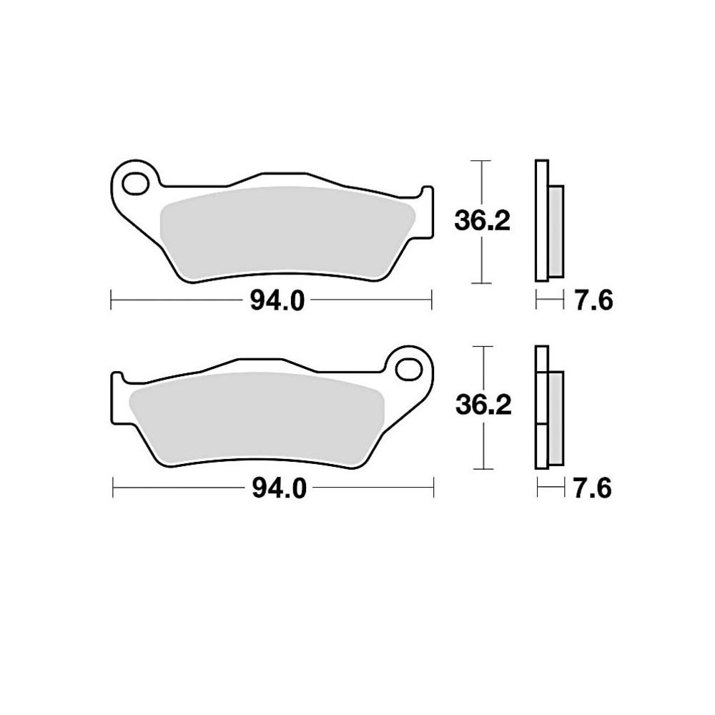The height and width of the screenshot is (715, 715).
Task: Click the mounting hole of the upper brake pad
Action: click(133, 182)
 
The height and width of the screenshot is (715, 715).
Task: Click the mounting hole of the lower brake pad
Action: click(410, 370)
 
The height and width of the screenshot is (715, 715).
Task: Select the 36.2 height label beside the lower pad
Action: click(483, 406)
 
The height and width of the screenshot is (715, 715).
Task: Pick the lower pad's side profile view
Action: click(547, 408)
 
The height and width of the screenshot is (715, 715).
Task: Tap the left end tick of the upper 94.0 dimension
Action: click(112, 301)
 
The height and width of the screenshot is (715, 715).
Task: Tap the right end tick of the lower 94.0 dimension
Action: click(435, 489)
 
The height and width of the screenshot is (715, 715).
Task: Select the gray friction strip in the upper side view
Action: click(556, 230)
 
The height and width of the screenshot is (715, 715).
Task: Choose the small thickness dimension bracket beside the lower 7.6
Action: click(546, 489)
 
